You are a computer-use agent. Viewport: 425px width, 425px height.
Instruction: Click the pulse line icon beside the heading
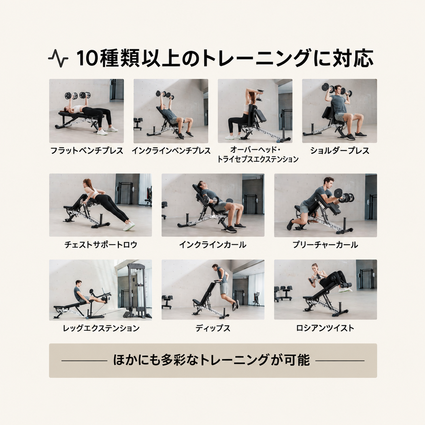[x=58, y=58]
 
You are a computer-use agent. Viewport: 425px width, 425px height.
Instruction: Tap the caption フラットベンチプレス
[x=87, y=151]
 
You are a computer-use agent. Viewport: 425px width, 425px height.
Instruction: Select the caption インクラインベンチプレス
[x=171, y=151]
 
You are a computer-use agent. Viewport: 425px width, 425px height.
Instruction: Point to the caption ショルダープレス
[x=340, y=151]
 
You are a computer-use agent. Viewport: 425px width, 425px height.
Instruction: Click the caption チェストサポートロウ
[x=101, y=245]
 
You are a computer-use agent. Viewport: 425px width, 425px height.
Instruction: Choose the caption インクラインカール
[x=213, y=245]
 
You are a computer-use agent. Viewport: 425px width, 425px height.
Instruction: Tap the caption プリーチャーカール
[x=325, y=245]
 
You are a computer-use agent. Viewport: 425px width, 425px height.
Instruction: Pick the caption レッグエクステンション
[x=101, y=328]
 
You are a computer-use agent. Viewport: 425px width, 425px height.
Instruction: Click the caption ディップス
[x=213, y=328]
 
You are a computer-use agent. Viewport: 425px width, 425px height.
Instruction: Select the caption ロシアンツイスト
[x=325, y=328]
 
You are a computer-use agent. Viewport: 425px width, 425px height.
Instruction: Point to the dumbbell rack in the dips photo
[x=167, y=301]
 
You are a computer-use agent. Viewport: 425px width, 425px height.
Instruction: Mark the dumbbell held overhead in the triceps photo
[x=262, y=95]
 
